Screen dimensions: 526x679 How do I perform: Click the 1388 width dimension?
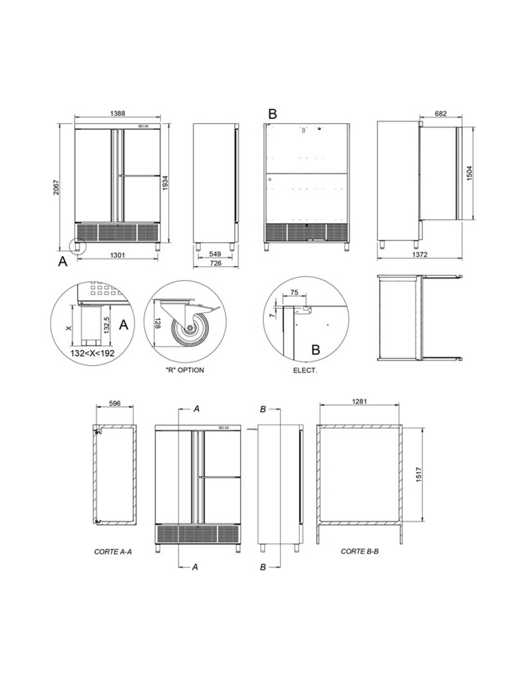(x=117, y=113)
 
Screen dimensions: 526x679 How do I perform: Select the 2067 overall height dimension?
(x=56, y=187)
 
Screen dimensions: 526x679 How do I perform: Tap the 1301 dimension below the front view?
(x=117, y=255)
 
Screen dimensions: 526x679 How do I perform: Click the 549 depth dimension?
(x=215, y=254)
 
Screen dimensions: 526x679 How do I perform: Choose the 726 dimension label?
(x=215, y=263)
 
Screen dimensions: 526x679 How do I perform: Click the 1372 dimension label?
(x=420, y=255)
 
